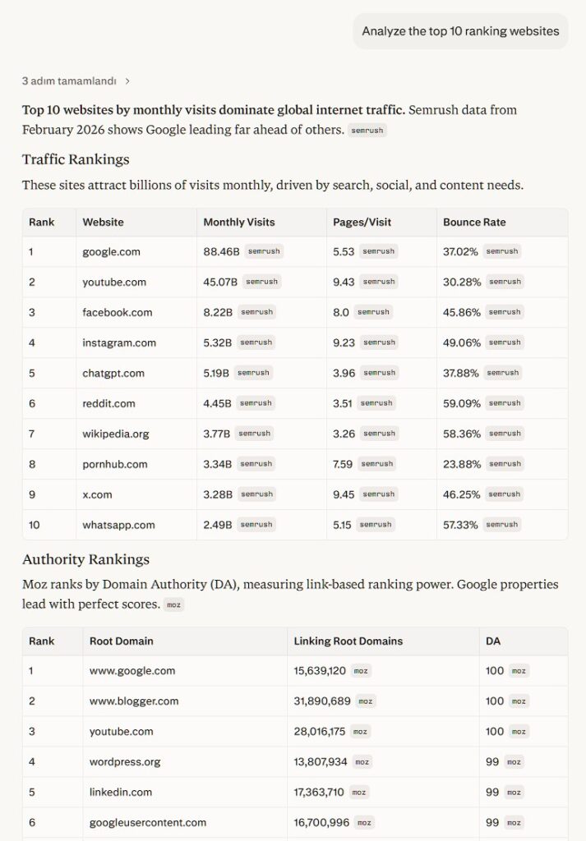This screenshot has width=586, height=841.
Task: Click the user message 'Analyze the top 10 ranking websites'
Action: (x=460, y=31)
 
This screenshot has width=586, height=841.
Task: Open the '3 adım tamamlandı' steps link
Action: (x=76, y=81)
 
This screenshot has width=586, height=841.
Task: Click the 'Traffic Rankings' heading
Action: (x=76, y=159)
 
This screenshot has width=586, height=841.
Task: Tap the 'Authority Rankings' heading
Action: (x=85, y=559)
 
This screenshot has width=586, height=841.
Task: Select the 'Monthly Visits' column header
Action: (x=238, y=222)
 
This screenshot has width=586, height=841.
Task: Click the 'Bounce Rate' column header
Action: (x=474, y=222)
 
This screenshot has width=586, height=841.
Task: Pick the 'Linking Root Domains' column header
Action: (x=348, y=641)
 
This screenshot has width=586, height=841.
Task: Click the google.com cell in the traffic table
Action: (x=111, y=251)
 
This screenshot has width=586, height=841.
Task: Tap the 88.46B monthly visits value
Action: (x=221, y=251)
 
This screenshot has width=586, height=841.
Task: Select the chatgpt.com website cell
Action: (x=113, y=373)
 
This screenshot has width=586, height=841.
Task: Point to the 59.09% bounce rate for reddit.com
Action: (x=461, y=403)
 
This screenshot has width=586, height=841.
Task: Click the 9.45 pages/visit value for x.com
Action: (x=344, y=494)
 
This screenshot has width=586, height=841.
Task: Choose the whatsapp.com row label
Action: (x=118, y=525)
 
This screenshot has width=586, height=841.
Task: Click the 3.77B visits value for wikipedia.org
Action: (x=217, y=434)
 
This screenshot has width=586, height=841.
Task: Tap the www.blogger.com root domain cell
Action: (x=134, y=701)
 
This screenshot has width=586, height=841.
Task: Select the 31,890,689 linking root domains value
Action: (x=322, y=701)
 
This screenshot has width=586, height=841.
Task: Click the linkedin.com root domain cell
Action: (x=121, y=792)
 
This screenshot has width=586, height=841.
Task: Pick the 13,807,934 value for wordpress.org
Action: (x=321, y=761)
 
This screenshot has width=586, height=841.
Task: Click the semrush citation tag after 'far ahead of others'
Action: (x=367, y=130)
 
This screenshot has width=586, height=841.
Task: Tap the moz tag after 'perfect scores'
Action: (x=173, y=604)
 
